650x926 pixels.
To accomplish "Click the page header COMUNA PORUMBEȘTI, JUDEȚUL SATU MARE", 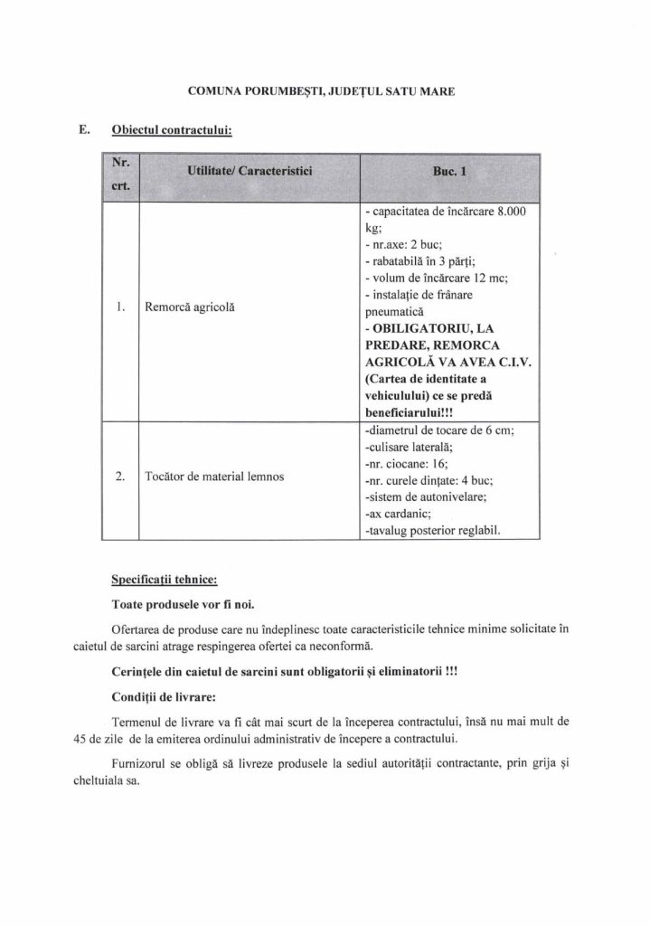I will tap(322, 91).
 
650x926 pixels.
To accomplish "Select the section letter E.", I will tap(83, 129).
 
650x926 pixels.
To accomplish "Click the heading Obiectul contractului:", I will tap(172, 130).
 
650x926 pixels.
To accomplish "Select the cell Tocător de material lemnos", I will tap(214, 477).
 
